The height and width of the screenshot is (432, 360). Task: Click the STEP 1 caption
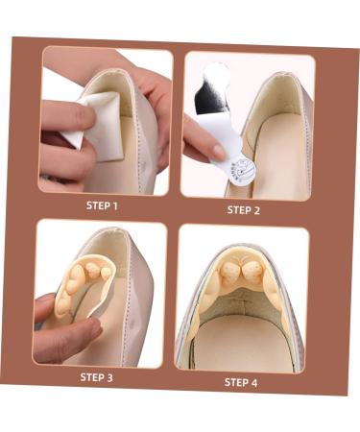tap(102, 205)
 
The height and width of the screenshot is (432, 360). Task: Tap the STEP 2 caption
tap(244, 209)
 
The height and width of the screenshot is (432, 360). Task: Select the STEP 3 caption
tap(96, 377)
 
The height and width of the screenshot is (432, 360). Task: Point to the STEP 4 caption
tap(241, 381)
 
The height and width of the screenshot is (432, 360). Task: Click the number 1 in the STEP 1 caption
tap(115, 205)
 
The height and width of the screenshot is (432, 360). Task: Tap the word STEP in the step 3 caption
tap(91, 377)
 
